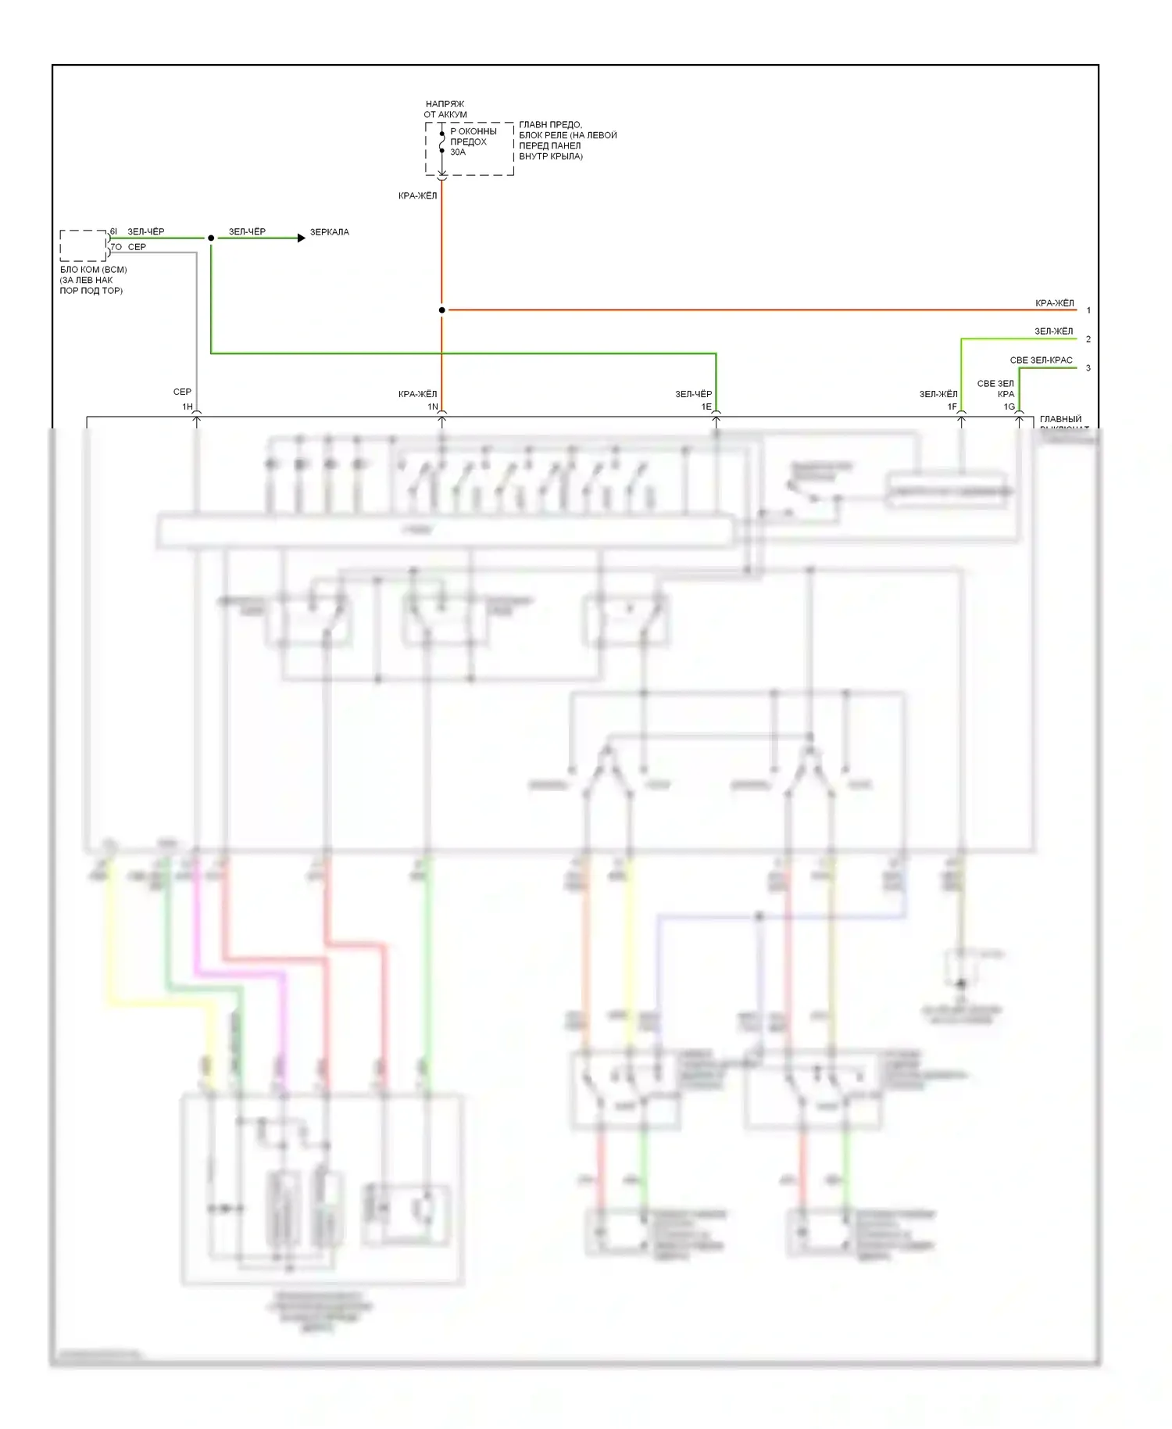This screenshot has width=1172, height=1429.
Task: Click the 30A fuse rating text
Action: coord(458,152)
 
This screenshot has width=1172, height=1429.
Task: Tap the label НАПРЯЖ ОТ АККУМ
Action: coord(445,109)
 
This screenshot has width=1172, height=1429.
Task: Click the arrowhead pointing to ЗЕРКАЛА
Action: coord(302,238)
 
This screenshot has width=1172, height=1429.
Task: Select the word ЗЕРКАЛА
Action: coord(330,232)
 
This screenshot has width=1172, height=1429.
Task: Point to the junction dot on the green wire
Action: coord(211,238)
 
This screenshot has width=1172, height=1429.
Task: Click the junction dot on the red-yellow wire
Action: coord(442,310)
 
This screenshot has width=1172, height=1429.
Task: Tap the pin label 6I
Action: coord(114,231)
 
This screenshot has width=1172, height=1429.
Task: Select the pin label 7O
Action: coord(116,247)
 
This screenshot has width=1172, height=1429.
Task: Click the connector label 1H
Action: coord(188,406)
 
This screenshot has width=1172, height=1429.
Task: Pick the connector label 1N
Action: coord(433,406)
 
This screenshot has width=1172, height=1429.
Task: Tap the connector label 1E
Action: coord(706,406)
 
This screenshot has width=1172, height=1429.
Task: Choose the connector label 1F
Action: coord(952,406)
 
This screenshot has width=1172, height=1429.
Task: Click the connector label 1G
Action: coord(1009,406)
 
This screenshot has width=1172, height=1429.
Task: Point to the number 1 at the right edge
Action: coord(1088,310)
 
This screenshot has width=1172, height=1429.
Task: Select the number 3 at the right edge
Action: coord(1088,368)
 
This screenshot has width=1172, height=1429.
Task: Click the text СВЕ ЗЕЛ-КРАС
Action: coord(1041,360)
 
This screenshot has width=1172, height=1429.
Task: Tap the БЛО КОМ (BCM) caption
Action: coord(93,270)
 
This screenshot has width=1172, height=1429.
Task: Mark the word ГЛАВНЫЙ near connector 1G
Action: coord(1060,420)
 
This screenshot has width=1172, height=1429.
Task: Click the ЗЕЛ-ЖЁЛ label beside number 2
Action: coord(1054,331)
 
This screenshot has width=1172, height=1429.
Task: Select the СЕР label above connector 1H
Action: coord(182,392)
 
